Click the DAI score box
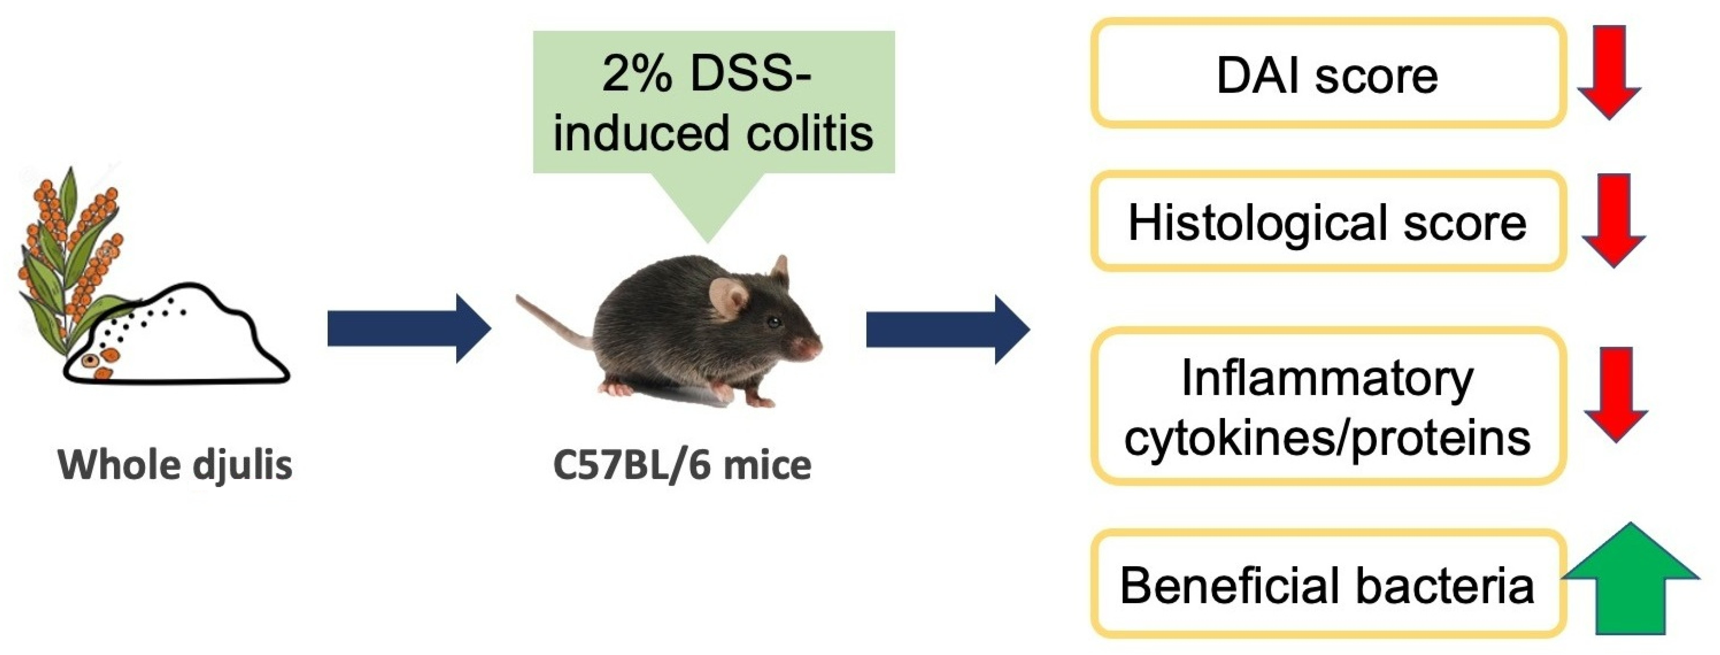pyautogui.click(x=1327, y=73)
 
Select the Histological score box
pyautogui.click(x=1327, y=222)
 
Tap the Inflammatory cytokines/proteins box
pyautogui.click(x=1327, y=406)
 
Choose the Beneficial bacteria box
pyautogui.click(x=1327, y=584)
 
